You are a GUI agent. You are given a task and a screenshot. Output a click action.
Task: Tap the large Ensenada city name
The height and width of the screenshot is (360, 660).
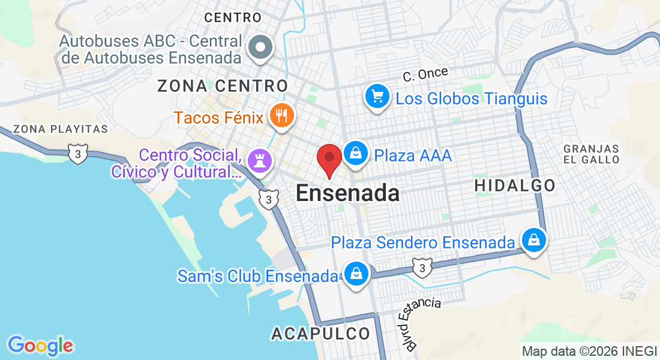tap(347, 193)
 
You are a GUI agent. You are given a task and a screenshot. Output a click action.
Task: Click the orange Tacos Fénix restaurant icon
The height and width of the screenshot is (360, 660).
tap(280, 115)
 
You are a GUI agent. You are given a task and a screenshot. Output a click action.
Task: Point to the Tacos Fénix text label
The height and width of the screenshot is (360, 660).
tap(218, 117)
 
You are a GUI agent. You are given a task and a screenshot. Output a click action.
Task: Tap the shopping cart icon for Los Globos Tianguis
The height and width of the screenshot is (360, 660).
tap(377, 96)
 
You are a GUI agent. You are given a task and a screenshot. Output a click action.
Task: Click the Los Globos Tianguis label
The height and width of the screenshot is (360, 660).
tap(472, 98)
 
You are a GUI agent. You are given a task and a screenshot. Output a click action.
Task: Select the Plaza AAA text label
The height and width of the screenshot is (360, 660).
tap(413, 156)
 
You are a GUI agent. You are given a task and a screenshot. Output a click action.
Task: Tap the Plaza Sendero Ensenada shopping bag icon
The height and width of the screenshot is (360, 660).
tap(533, 240)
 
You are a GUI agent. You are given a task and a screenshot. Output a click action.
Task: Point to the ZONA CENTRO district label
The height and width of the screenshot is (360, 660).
tap(223, 86)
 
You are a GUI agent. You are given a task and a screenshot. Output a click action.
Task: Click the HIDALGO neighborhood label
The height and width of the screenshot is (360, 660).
tap(515, 186)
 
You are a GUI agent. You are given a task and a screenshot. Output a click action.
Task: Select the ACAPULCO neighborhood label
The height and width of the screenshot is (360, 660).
tap(321, 334)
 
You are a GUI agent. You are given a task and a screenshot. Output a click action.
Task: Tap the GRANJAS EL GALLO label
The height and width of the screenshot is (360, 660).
tap(592, 154)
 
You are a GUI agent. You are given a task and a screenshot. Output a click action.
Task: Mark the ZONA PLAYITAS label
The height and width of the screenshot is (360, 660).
tap(60, 129)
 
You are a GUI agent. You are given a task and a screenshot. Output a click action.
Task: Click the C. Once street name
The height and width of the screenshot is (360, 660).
tap(425, 74)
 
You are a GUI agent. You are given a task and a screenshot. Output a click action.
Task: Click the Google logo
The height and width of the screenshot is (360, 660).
tap(40, 346)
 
